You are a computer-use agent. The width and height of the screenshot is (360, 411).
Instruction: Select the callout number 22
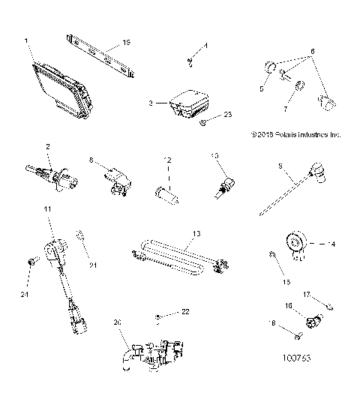pyautogui.click(x=186, y=311)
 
